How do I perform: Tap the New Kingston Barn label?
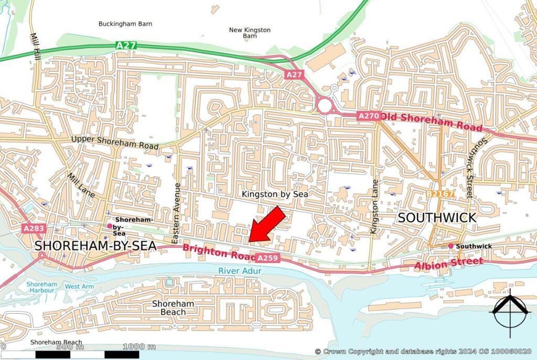[250, 33]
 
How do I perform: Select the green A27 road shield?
[126, 46]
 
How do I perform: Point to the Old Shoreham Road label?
[431, 122]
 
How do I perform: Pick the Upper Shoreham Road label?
[115, 142]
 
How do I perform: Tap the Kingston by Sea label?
[274, 194]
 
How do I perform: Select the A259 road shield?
[267, 258]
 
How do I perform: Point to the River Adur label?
[240, 270]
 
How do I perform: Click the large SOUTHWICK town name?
[436, 217]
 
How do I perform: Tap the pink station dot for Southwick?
[450, 246]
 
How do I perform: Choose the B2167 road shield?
[439, 194]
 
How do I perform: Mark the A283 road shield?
[34, 228]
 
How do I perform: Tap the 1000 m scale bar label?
[139, 346]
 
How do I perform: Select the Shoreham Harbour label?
[41, 287]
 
